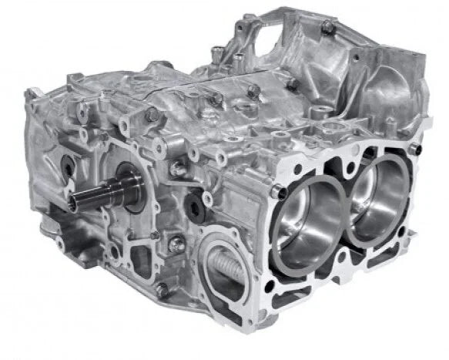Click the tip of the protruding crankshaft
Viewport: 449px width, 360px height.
(72, 203)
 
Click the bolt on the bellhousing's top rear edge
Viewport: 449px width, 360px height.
(327, 29)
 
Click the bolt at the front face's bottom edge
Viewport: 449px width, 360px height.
(163, 289)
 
